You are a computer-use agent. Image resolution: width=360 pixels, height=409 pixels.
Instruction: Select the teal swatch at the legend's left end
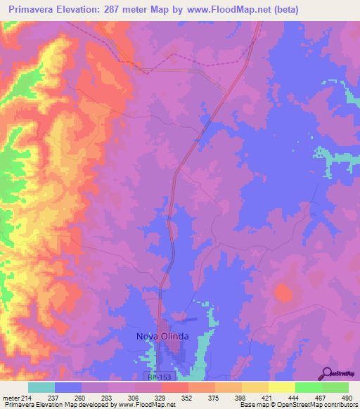pos(41,387)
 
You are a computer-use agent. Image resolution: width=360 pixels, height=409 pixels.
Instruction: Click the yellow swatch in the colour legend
pos(282,387)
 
